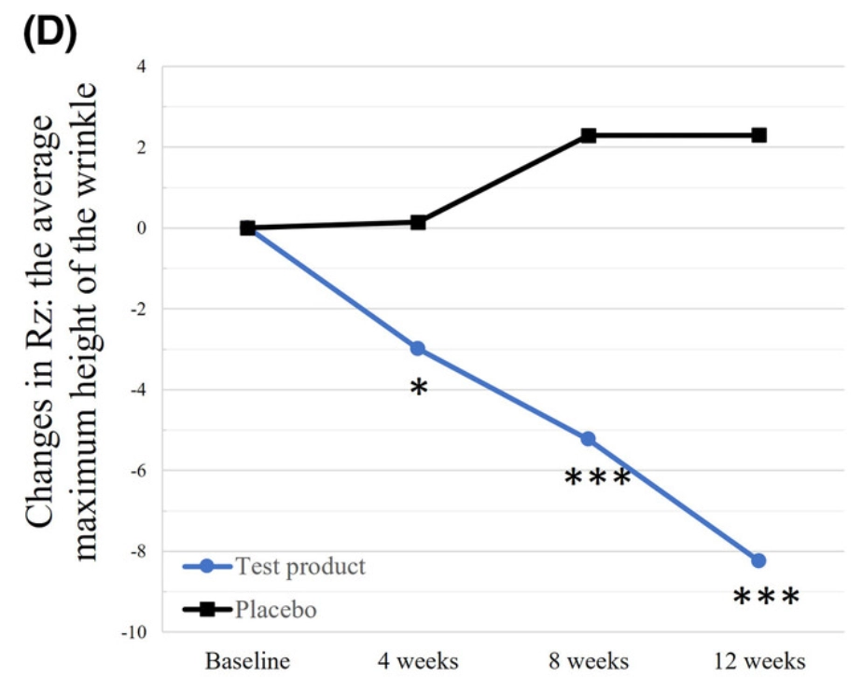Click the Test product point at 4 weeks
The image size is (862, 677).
[418, 348]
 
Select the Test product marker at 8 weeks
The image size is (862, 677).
[588, 438]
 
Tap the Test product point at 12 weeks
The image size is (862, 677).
[758, 560]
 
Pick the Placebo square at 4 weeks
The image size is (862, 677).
[418, 222]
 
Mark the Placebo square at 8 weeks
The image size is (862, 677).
[589, 135]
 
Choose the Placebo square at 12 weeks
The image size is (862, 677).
[758, 135]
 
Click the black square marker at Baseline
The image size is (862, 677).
[247, 228]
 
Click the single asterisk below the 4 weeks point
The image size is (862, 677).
[418, 388]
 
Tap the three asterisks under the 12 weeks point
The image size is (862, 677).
[766, 598]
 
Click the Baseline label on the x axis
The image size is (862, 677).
[246, 661]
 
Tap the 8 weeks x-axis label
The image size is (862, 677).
[589, 661]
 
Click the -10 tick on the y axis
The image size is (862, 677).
[133, 632]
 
